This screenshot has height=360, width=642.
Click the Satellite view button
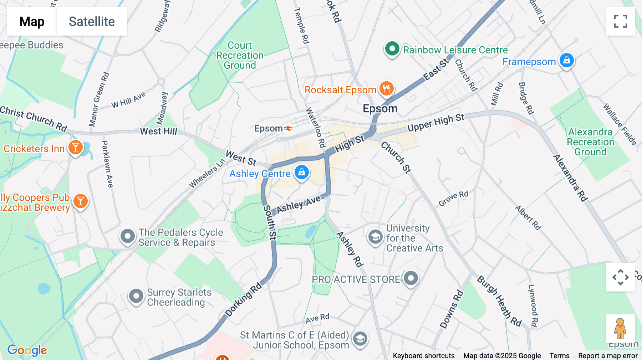(x=92, y=21)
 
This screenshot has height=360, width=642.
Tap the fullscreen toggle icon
(x=620, y=21)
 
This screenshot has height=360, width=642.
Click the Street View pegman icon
(x=620, y=329)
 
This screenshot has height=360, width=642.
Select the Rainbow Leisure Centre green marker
(x=392, y=49)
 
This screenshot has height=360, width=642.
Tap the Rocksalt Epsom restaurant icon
(x=386, y=88)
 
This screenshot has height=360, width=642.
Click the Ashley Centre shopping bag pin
(x=301, y=173)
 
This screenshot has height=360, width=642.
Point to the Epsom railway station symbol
(x=288, y=128)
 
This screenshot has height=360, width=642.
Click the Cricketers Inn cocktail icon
(x=76, y=147)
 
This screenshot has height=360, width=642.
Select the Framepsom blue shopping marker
(x=566, y=61)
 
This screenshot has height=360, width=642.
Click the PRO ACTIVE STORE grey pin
(x=411, y=278)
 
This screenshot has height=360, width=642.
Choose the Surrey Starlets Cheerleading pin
(x=136, y=296)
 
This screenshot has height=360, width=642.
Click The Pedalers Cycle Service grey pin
(x=127, y=236)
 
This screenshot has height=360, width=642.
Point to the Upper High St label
(x=436, y=123)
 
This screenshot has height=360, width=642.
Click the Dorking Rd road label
(x=243, y=299)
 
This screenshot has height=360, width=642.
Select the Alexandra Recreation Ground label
(x=590, y=142)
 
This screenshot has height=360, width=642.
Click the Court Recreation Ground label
(x=240, y=55)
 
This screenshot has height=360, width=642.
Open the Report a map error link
(x=608, y=356)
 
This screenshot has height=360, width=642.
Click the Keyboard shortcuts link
(x=423, y=356)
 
